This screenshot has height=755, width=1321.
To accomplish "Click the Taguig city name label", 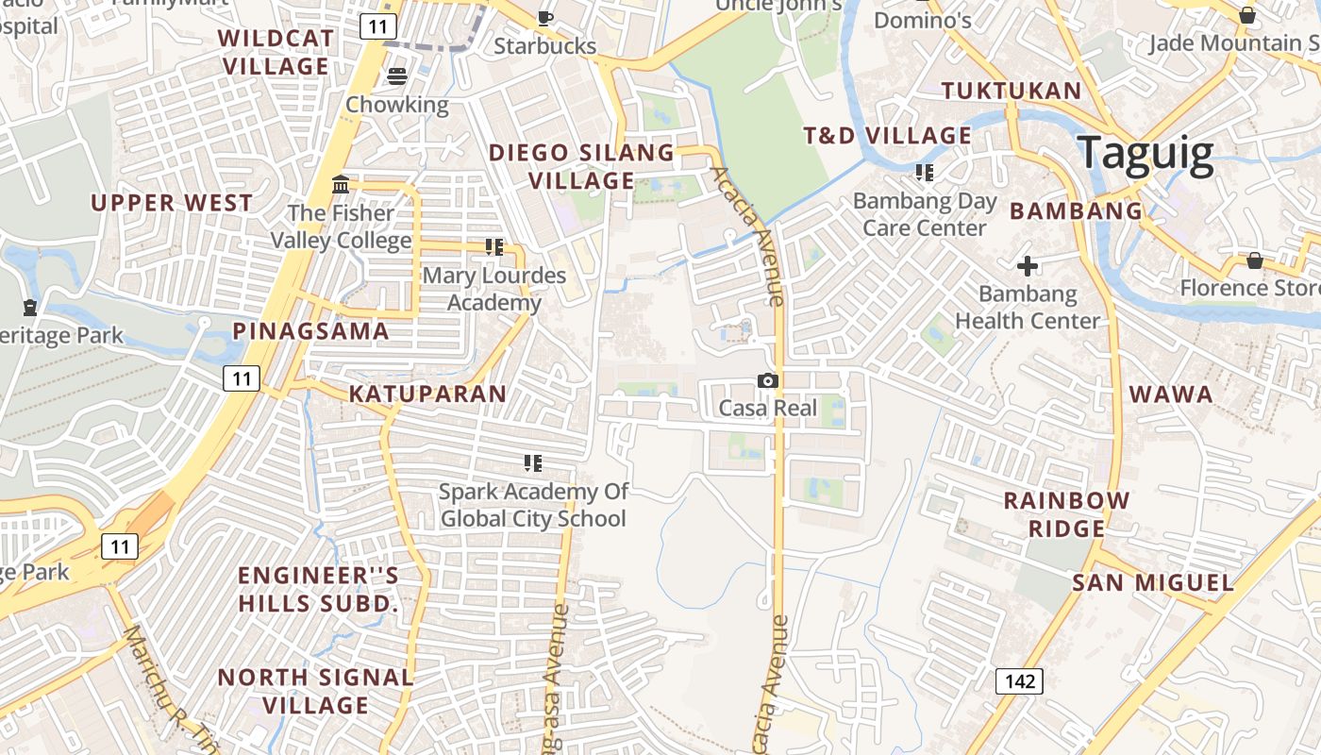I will (x=1145, y=153).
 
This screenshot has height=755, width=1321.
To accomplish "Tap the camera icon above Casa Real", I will (x=768, y=380).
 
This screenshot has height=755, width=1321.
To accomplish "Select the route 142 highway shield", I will (x=1019, y=680).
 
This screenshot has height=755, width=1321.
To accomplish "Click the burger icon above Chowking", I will (x=397, y=76).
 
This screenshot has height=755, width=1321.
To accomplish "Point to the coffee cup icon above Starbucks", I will (x=544, y=17).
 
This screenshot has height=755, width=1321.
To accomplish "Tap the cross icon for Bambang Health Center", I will (x=1028, y=266).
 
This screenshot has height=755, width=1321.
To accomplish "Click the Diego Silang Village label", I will (x=581, y=166).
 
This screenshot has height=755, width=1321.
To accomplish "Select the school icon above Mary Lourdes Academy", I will (x=493, y=247).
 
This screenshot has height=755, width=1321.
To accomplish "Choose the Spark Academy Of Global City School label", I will (x=533, y=505).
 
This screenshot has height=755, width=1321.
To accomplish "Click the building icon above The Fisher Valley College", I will (x=341, y=184).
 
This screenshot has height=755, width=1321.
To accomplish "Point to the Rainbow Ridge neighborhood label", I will (x=1066, y=514).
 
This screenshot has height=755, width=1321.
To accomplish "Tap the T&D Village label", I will (x=887, y=136).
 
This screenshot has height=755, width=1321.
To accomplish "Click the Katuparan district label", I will (x=427, y=394).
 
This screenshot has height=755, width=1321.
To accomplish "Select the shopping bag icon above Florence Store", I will (x=1254, y=260).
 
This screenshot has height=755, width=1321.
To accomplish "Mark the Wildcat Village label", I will (x=276, y=52).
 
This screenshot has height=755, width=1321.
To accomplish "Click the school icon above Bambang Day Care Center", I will (x=924, y=173).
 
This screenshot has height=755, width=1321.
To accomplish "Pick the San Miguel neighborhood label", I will (x=1152, y=583).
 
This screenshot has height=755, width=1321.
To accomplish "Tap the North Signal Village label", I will (x=315, y=691).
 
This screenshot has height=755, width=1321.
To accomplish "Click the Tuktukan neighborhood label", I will (x=1012, y=91).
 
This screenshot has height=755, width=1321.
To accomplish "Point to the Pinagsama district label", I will (x=310, y=330).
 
